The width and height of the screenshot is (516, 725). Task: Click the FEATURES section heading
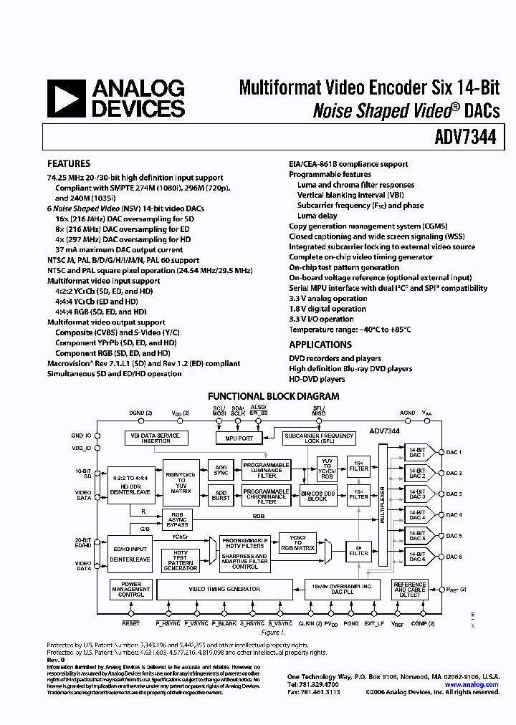[x=69, y=163]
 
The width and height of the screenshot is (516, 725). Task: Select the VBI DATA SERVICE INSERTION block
[x=156, y=438]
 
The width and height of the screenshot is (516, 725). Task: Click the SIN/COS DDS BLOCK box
[x=317, y=495]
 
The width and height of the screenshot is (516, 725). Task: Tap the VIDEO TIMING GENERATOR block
[x=224, y=589]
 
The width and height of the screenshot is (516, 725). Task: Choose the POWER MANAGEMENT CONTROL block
[x=130, y=589]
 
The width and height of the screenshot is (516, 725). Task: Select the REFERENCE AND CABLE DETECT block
[x=409, y=589]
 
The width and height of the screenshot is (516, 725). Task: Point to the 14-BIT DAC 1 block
[x=417, y=452]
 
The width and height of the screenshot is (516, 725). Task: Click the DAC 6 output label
[x=454, y=557]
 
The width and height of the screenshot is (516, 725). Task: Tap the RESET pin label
[x=130, y=623]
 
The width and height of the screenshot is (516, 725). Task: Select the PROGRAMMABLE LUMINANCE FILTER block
[x=266, y=470]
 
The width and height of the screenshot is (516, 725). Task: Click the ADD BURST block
[x=221, y=495]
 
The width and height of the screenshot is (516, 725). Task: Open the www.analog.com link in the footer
[x=471, y=684]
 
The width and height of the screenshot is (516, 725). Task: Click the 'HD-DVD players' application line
[x=317, y=379]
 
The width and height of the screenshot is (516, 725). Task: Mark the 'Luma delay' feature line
[x=317, y=216]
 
